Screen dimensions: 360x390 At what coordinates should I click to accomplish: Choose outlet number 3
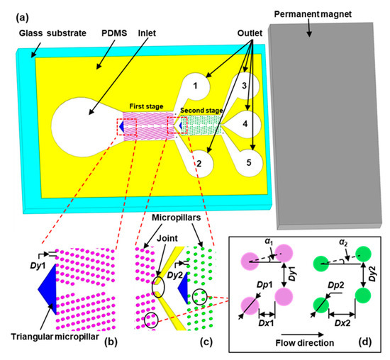(x=244, y=87)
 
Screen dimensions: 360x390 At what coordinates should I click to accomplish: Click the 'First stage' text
(x=145, y=103)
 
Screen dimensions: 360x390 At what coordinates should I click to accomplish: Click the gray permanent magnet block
(x=327, y=113)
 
